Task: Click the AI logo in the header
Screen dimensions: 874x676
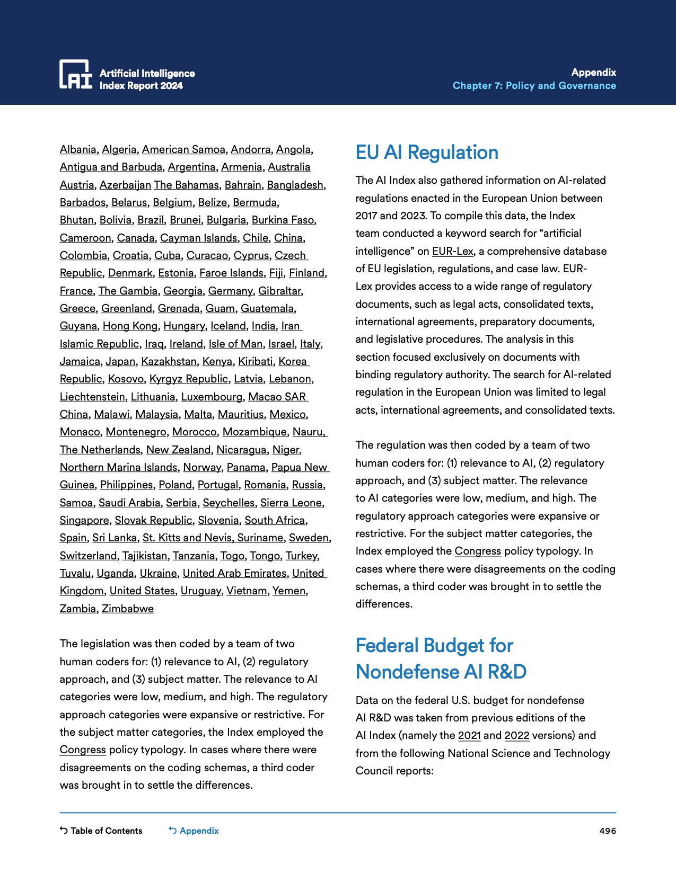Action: click(x=76, y=74)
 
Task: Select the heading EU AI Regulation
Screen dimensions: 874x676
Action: click(x=427, y=153)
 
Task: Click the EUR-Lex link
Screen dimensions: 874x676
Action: click(x=452, y=251)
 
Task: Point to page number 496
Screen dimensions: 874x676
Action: click(x=608, y=831)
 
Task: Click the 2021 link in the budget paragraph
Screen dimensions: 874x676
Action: click(x=469, y=735)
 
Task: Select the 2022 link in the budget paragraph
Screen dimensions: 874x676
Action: click(x=517, y=735)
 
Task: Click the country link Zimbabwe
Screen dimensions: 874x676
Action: click(x=128, y=609)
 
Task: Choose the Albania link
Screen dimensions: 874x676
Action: click(x=78, y=149)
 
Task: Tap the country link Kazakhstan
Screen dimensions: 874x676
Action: click(x=169, y=361)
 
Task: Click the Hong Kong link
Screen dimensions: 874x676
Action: click(x=130, y=326)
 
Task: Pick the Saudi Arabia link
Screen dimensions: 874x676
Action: click(x=129, y=503)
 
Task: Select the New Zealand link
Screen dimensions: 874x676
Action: click(x=178, y=450)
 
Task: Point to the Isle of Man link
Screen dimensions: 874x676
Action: click(x=235, y=344)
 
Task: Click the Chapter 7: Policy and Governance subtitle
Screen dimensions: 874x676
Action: click(x=534, y=86)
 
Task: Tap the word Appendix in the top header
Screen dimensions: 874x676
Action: click(x=593, y=73)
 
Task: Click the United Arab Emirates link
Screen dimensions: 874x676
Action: click(x=234, y=573)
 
